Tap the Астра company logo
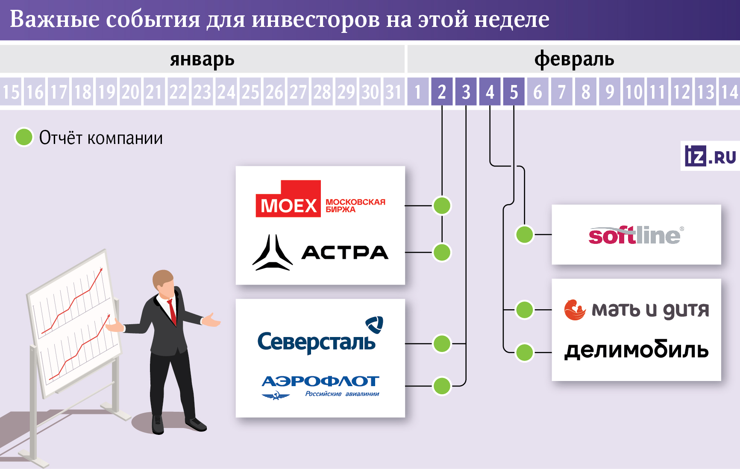point(320,252)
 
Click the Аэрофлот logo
point(320,386)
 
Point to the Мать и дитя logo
point(636,310)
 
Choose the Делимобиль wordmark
point(636,351)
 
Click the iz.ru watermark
point(710,156)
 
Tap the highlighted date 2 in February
point(442,92)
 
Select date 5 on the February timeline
point(514,92)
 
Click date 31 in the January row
point(393,92)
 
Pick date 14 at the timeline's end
point(730,92)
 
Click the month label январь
point(202,59)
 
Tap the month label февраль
point(574,59)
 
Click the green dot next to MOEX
point(442,205)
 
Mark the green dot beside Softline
point(525,234)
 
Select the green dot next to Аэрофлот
point(442,386)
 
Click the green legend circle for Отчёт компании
point(24,137)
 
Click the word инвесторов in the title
point(315,20)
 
